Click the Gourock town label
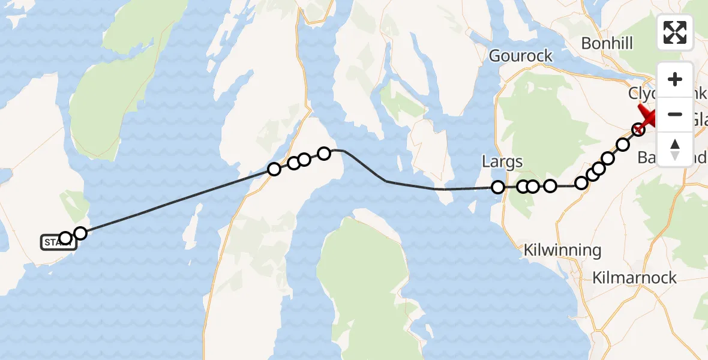coord(520,56)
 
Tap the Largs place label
coord(502,161)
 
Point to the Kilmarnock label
coord(634,278)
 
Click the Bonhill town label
coord(607,43)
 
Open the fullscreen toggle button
coord(675,32)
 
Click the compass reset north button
coord(675,149)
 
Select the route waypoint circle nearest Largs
coord(498,187)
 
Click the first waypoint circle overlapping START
coord(65,239)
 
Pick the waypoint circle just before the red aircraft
coord(638,128)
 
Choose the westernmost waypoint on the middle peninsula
coord(274,169)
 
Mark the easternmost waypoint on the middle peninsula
coord(324,154)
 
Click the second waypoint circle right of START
coord(80,233)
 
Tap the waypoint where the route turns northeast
coord(581,183)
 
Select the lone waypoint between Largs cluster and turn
coord(550,186)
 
